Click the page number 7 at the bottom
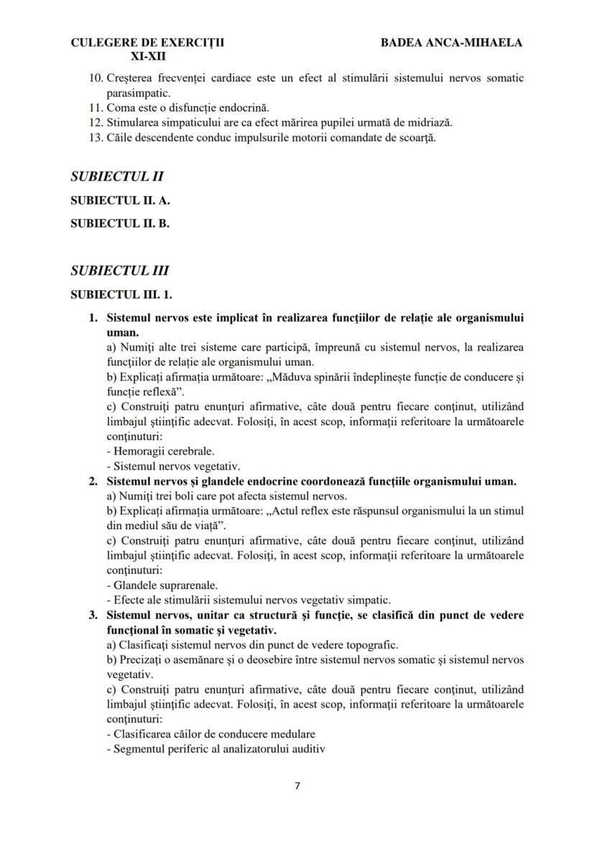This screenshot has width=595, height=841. [x=297, y=785]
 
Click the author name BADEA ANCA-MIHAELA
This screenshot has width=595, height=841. [x=451, y=42]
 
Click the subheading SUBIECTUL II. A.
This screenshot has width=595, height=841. [x=120, y=201]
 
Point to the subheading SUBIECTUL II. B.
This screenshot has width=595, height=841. [x=119, y=223]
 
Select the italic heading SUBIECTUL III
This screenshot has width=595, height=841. [x=119, y=271]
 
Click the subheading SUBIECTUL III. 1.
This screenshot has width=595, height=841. [x=122, y=294]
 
